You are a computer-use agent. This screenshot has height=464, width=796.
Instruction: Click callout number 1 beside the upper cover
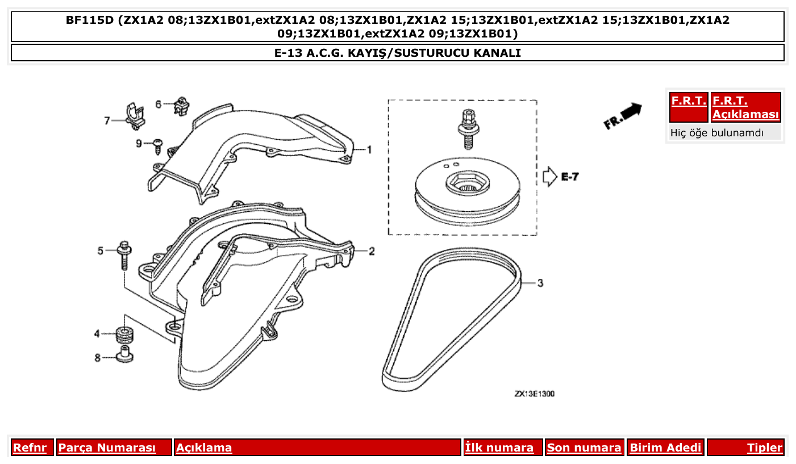pos(369,150)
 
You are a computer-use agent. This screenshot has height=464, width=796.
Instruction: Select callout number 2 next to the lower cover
pos(372,251)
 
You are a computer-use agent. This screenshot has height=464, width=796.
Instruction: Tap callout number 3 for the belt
pos(540,283)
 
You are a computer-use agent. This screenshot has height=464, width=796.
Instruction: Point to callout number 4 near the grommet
pos(97,333)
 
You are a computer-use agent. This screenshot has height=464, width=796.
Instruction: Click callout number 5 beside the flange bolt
pos(101,250)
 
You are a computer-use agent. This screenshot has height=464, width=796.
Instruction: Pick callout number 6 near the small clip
pos(159,104)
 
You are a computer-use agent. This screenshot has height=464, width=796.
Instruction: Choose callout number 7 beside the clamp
pos(107,120)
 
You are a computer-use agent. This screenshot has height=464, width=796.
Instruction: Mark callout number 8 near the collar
pos(97,358)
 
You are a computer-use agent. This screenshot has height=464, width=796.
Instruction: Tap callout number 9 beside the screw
pos(139,144)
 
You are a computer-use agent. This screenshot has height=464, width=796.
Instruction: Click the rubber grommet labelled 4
pos(124,334)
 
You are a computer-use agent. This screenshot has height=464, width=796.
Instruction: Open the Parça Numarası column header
pos(107,448)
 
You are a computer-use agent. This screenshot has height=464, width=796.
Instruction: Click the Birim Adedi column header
pos(665,448)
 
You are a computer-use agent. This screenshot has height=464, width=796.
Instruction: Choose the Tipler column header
pos(764,448)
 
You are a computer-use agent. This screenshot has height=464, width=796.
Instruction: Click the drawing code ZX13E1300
pos(534,394)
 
